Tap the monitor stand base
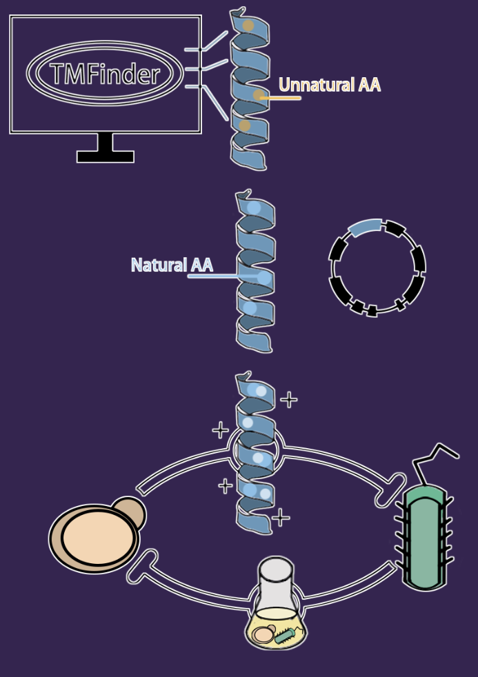tap(105, 156)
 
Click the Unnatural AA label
tap(330, 85)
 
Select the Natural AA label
tap(172, 265)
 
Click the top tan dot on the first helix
tap(247, 26)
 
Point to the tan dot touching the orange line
tap(259, 95)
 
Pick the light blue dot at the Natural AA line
tap(263, 277)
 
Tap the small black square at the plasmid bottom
tap(372, 312)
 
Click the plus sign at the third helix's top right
tap(288, 399)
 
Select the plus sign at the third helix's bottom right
tap(281, 517)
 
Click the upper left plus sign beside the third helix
tap(220, 431)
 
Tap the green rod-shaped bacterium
tap(424, 538)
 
